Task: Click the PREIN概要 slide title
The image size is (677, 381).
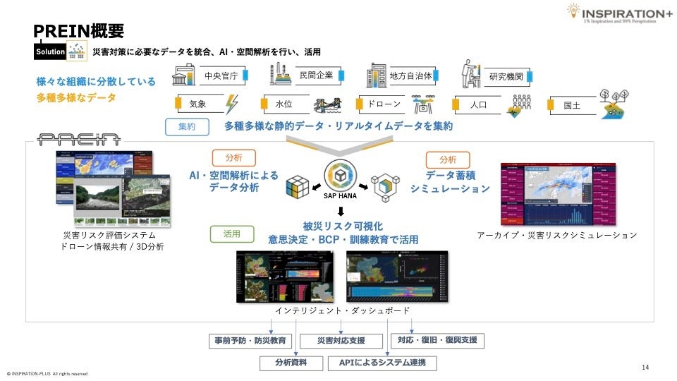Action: [80, 31]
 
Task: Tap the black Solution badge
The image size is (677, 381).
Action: [51, 52]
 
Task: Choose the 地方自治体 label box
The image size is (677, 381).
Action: [411, 75]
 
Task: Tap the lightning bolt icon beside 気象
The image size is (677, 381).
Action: [231, 104]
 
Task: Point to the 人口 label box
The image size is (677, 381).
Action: [480, 104]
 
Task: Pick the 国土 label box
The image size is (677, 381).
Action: [572, 105]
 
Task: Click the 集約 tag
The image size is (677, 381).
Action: [187, 127]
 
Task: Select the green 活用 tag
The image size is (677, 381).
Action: [232, 233]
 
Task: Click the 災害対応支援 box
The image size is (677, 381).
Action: [341, 341]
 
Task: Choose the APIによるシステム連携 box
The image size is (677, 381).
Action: [382, 363]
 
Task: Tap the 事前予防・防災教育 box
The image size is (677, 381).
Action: [250, 341]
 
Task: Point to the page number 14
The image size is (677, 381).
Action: [645, 367]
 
